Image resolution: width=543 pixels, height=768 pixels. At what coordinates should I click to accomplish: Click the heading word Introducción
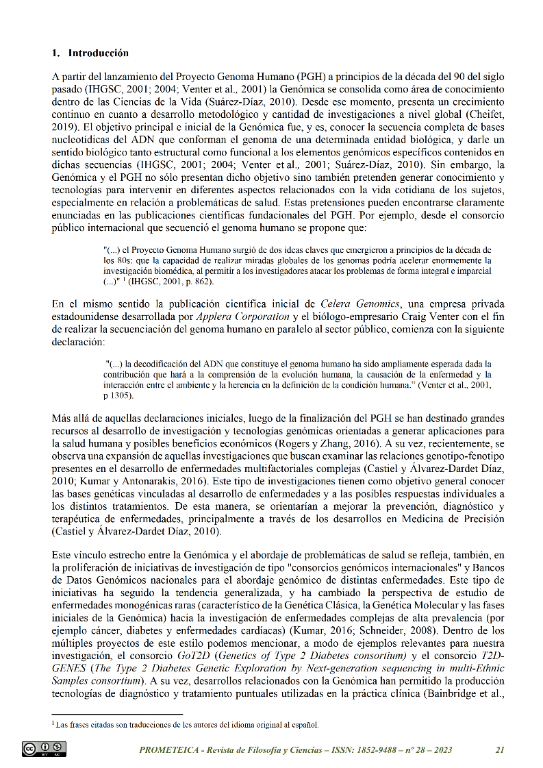coord(99,53)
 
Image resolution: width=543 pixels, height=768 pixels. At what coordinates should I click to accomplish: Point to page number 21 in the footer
coord(500,750)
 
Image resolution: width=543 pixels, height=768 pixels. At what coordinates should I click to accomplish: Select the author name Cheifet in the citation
coord(485,114)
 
